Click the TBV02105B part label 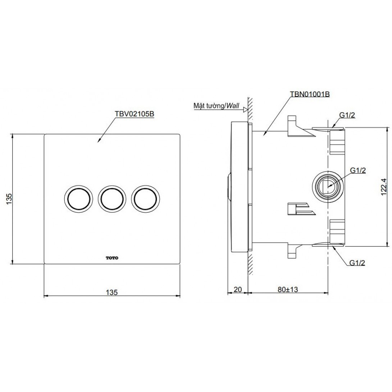[x=134, y=114]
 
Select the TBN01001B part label [x=310, y=94]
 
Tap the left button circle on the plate [x=78, y=199]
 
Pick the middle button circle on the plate [x=112, y=199]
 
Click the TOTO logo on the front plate [x=112, y=258]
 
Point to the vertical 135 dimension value [x=9, y=199]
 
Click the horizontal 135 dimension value [x=111, y=292]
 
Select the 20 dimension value [x=237, y=289]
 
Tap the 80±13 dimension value [x=288, y=289]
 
